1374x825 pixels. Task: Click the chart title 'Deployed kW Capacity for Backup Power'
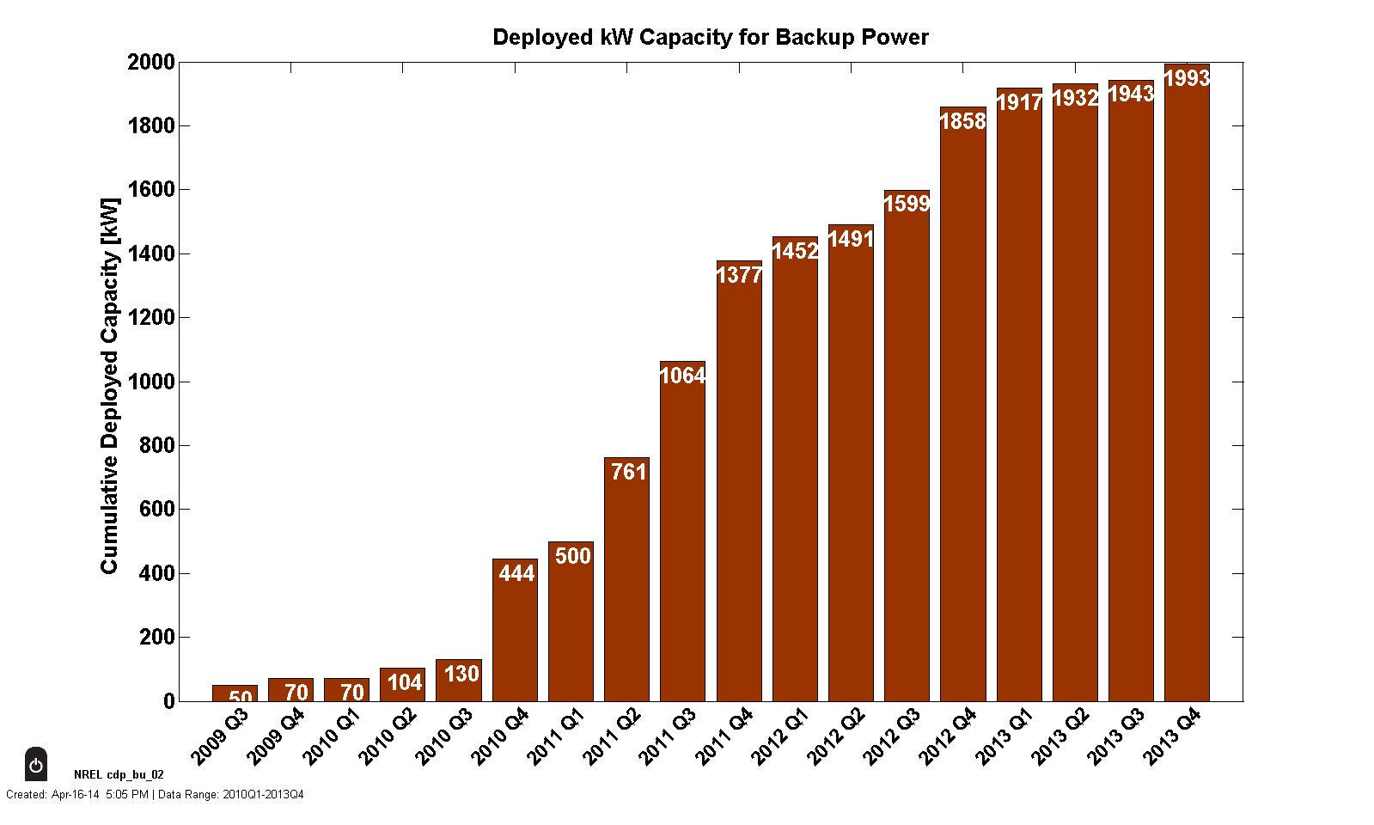click(x=710, y=38)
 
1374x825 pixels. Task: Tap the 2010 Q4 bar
click(x=515, y=636)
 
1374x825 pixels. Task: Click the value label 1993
click(x=1187, y=78)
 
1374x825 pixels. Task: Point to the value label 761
click(x=628, y=472)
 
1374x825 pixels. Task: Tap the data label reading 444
click(x=516, y=573)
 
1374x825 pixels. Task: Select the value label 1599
click(x=907, y=205)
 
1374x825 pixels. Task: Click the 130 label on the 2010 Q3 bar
click(x=461, y=674)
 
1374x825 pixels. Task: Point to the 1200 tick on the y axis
click(x=151, y=318)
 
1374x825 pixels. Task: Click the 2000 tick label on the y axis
click(x=151, y=63)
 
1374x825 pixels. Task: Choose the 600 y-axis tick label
click(x=156, y=510)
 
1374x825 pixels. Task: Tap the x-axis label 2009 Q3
click(x=220, y=736)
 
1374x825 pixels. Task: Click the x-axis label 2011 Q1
click(x=556, y=736)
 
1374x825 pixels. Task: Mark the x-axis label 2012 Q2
click(x=836, y=736)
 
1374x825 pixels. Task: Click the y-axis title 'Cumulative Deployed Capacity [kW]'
click(x=109, y=382)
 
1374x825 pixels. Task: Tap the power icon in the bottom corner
click(x=36, y=765)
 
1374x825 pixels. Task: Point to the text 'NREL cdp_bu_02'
click(x=119, y=774)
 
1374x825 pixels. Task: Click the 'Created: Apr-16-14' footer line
click(x=155, y=794)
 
